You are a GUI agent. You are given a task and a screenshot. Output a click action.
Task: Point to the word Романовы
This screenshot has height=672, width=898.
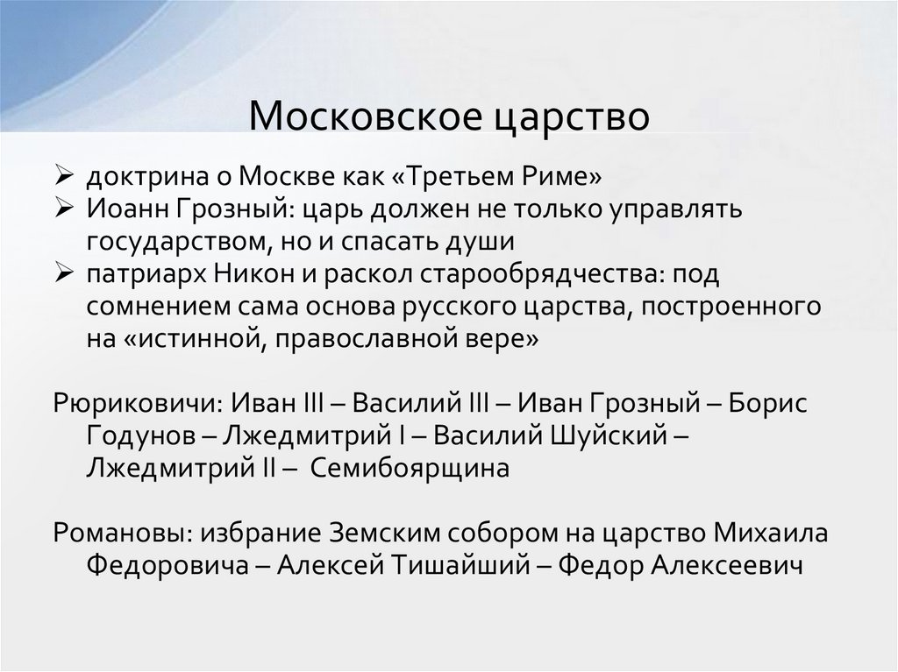pyautogui.click(x=120, y=534)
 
